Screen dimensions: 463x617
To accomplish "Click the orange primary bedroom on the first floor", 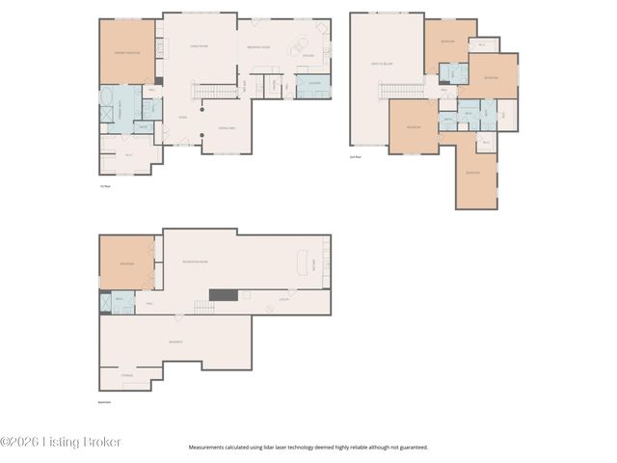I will coord(127,52).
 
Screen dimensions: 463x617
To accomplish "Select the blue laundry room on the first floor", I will coord(313,89).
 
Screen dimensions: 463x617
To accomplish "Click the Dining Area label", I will coord(227,127).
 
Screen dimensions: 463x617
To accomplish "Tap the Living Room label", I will coord(199,44).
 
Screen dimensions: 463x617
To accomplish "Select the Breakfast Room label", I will coord(258,45).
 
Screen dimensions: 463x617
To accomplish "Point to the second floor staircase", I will coord(395,92).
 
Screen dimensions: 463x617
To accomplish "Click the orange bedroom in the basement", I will coord(127,263).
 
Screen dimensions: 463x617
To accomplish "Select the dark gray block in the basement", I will coord(224,295).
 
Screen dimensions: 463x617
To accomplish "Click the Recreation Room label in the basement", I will coord(197,261).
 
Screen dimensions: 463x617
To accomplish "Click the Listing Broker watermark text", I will coord(61,442).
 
